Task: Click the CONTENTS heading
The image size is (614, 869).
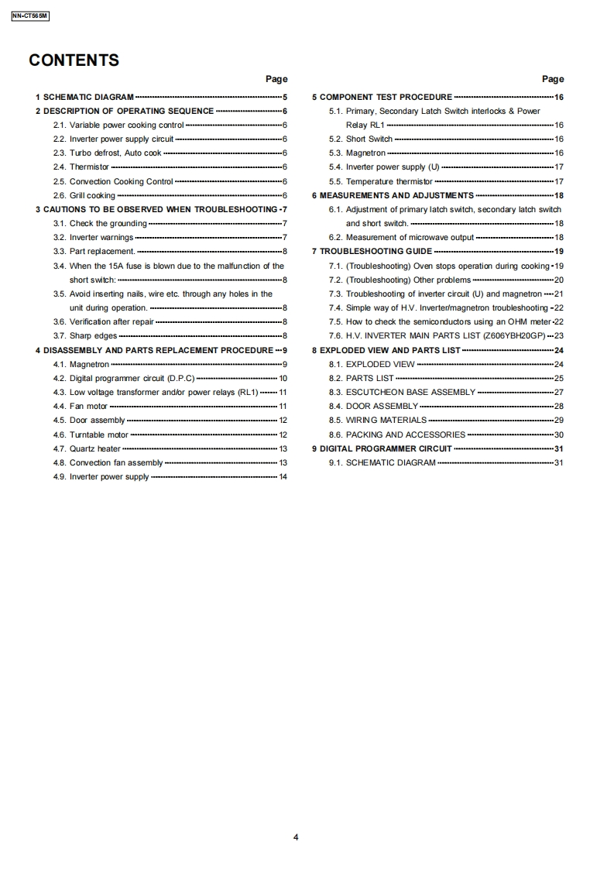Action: (x=74, y=60)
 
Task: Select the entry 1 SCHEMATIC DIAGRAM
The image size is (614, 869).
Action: (x=84, y=97)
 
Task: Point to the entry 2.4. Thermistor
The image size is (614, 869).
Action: (x=81, y=167)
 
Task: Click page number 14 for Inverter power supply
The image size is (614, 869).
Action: (x=283, y=476)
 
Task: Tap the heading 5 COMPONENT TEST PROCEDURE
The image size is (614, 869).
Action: (x=382, y=97)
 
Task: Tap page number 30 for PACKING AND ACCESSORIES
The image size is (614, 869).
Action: (x=559, y=434)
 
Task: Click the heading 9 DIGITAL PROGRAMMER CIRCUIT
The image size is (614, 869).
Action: (x=381, y=448)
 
